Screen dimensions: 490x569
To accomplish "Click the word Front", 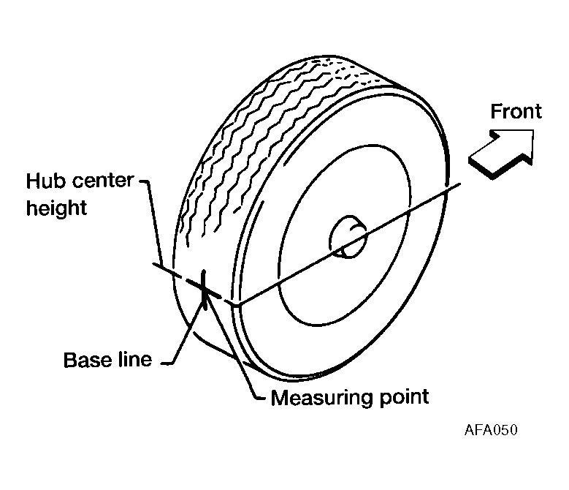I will (516, 111).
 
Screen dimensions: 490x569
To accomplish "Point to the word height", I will (57, 208).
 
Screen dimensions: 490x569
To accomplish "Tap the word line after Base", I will (134, 360).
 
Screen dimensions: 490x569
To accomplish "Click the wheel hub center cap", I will (348, 236).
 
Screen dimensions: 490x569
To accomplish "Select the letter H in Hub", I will (33, 180).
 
